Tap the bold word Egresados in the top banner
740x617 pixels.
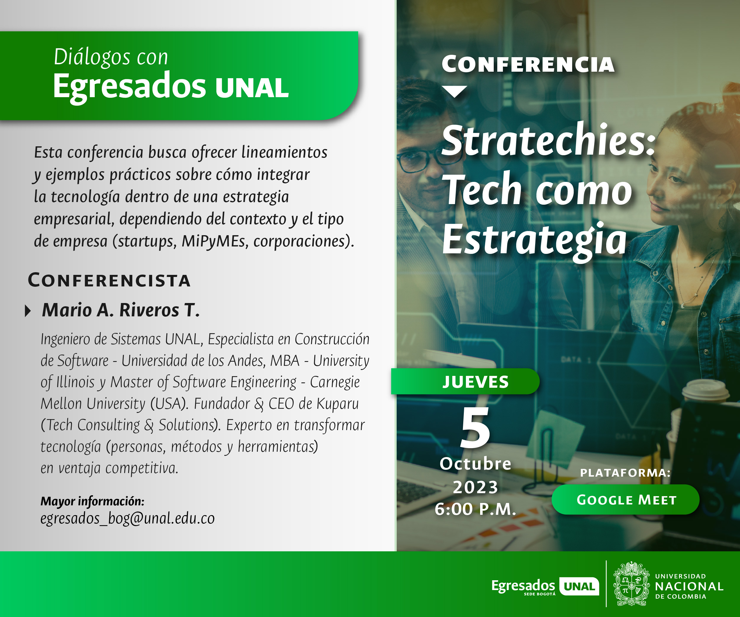[129, 87]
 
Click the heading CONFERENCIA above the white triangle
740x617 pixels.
[528, 64]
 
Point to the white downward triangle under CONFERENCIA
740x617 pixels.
[455, 91]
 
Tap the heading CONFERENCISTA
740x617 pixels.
[109, 280]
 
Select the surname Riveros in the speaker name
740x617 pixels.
[149, 310]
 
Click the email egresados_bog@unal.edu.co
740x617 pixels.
[128, 518]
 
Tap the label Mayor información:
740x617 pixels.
[92, 501]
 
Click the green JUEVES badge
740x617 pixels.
[465, 382]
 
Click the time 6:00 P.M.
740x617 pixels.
[475, 509]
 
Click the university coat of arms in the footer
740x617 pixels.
[631, 584]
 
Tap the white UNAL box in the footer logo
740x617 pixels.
[579, 586]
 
